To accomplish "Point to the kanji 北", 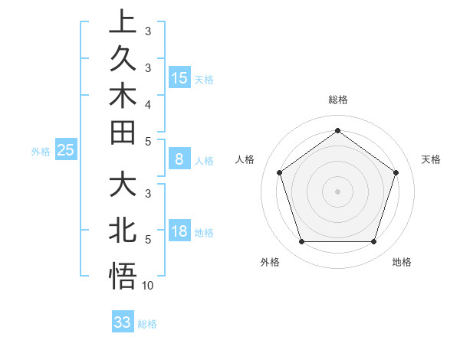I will click(x=123, y=231).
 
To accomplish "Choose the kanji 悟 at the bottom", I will click(x=123, y=275).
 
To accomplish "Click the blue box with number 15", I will click(x=179, y=78).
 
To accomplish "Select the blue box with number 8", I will click(x=179, y=160).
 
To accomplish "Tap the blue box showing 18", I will click(x=179, y=232).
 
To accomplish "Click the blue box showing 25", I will click(x=66, y=151).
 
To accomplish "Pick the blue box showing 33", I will click(x=122, y=322).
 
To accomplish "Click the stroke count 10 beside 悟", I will click(x=148, y=286).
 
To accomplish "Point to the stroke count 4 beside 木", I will click(x=148, y=103).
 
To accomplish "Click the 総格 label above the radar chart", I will click(x=337, y=100).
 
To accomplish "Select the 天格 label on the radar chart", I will click(x=431, y=159).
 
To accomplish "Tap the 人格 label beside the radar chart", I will click(x=245, y=159).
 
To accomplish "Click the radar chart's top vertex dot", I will click(x=337, y=130).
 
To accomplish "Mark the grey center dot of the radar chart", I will click(x=337, y=191).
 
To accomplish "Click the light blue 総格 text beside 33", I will click(x=147, y=324).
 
